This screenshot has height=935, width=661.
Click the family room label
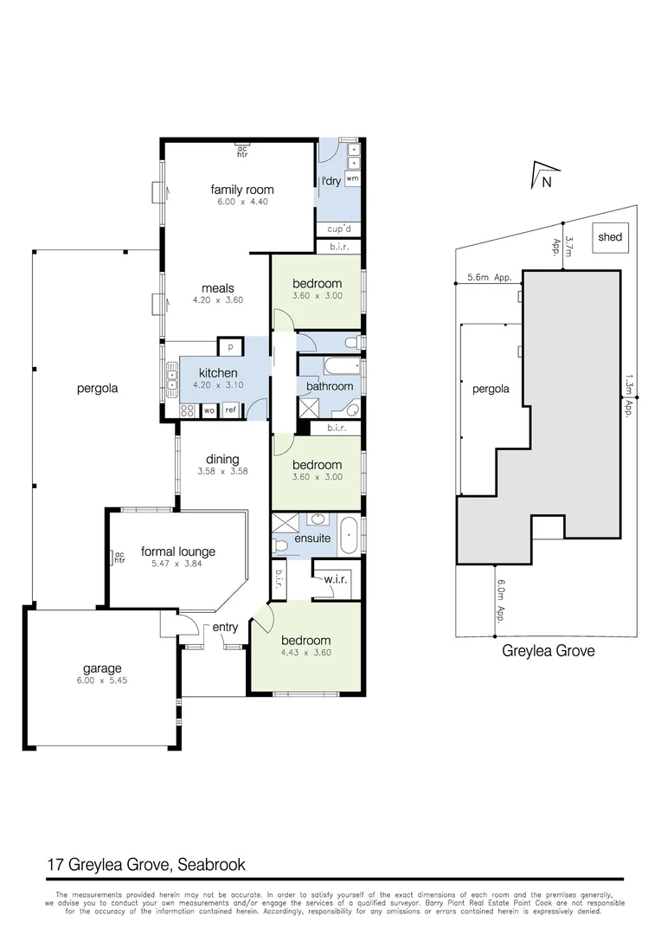pyautogui.click(x=242, y=190)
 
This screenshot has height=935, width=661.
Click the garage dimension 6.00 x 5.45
pyautogui.click(x=102, y=680)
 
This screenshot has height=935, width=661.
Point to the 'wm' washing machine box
pyautogui.click(x=352, y=177)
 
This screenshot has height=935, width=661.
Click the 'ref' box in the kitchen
pyautogui.click(x=231, y=410)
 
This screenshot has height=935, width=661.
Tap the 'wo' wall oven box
pyautogui.click(x=209, y=410)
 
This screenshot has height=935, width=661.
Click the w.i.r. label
pyautogui.click(x=335, y=580)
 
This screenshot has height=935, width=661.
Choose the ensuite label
pyautogui.click(x=312, y=538)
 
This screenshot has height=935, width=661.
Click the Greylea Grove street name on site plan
pyautogui.click(x=549, y=651)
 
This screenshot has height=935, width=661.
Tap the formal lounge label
pyautogui.click(x=178, y=551)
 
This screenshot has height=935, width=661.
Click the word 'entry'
pyautogui.click(x=226, y=628)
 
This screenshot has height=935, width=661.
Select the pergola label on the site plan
pyautogui.click(x=491, y=389)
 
